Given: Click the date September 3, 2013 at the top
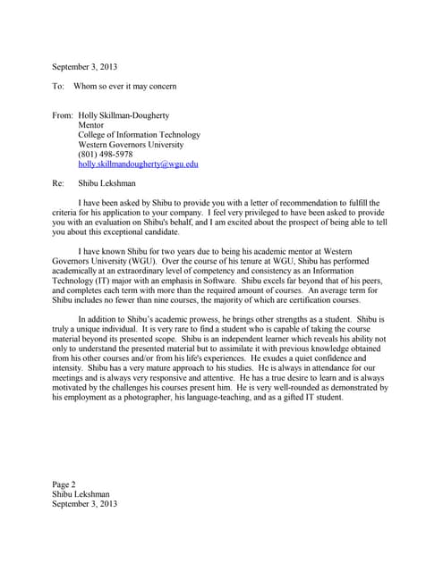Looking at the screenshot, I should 84,67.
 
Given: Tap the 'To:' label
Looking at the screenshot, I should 59,86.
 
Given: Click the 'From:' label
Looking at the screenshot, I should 63,115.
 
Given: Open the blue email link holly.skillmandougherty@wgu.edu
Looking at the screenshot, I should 138,164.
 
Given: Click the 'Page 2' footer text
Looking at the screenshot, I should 64,484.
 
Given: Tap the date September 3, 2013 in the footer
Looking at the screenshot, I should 84,503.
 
